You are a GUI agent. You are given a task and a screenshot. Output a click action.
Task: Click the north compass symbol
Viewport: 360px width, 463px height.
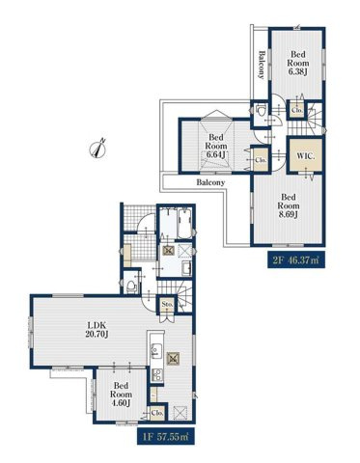coord(98,149)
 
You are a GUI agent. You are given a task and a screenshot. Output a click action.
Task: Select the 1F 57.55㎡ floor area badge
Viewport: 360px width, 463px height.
coord(166,437)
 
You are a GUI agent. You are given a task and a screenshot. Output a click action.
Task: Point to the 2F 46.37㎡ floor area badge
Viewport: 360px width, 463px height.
coord(296,259)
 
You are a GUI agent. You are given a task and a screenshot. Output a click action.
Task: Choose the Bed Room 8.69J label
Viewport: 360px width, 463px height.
coord(289,205)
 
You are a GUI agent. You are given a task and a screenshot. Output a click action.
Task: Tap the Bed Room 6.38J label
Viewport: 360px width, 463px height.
coord(298,63)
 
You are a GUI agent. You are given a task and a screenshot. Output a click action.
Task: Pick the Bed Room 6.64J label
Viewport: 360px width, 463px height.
coord(216,146)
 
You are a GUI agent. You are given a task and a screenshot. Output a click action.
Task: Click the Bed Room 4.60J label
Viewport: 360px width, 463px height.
coord(121,395)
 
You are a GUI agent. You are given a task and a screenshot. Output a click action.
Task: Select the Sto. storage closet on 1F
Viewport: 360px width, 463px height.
coord(167,304)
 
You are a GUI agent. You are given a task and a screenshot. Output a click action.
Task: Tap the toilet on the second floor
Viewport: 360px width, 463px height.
coord(260,112)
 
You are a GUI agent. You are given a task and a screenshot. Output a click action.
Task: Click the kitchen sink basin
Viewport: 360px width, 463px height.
coord(156,351)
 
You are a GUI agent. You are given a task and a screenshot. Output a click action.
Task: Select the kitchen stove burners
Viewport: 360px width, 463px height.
coord(157,375)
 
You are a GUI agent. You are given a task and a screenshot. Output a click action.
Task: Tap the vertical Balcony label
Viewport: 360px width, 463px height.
coord(262,65)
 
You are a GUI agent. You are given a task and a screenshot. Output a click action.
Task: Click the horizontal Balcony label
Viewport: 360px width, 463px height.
coord(210,182)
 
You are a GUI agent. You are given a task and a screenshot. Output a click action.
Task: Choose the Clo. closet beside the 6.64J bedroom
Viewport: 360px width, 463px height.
coord(260,159)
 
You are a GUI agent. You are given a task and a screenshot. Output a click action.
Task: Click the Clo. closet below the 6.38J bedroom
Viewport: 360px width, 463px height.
coord(296,110)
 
